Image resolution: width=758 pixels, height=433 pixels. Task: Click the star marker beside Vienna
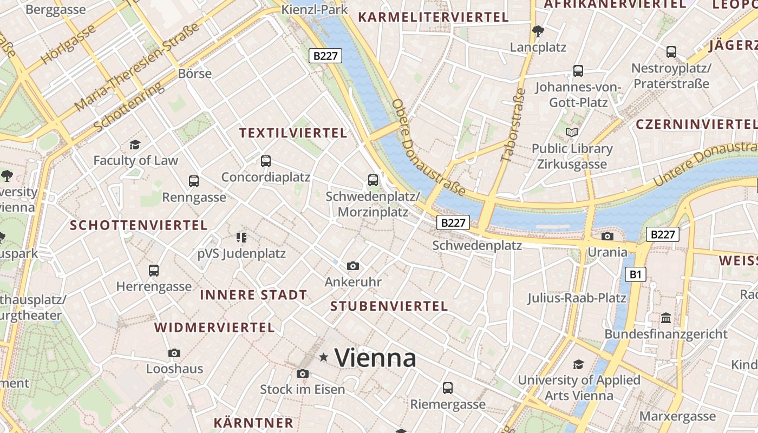tap(324, 357)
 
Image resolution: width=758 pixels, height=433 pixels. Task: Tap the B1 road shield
tap(635, 274)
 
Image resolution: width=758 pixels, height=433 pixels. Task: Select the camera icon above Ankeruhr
tap(353, 266)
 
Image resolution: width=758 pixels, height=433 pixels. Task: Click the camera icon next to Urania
tap(607, 236)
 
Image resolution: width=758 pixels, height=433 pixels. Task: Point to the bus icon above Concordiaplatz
tap(265, 161)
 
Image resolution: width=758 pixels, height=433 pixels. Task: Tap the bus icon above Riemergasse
tap(447, 388)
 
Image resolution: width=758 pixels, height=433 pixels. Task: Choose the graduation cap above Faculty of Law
tap(135, 145)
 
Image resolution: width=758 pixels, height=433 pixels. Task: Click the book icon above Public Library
tap(571, 132)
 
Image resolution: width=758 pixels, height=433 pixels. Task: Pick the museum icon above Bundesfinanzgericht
tap(665, 318)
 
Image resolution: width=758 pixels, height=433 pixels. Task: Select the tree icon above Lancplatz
tap(538, 31)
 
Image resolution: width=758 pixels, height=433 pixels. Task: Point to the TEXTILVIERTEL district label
tap(293, 133)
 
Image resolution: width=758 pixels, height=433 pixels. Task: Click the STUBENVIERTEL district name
tap(389, 306)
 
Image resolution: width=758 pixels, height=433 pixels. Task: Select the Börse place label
tap(195, 74)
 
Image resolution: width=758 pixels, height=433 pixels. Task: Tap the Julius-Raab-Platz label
tap(577, 298)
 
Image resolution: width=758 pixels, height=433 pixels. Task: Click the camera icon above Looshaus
tap(174, 353)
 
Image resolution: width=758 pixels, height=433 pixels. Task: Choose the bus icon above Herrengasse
tap(154, 270)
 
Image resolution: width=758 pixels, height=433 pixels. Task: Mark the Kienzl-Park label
tap(315, 10)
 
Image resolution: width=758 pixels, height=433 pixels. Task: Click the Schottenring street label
tap(128, 107)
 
